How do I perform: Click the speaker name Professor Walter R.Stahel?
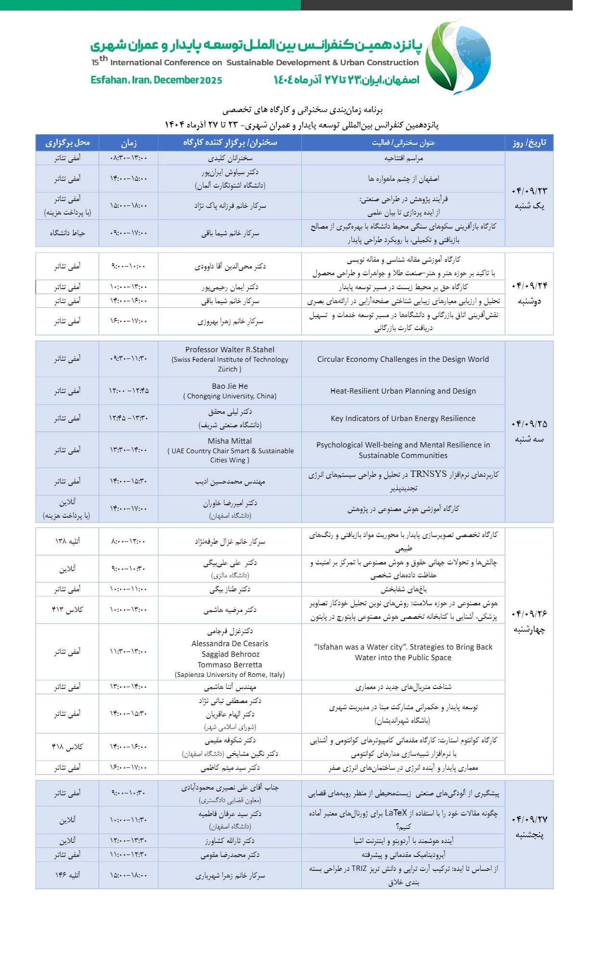click(230, 350)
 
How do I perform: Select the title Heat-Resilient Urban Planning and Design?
click(403, 391)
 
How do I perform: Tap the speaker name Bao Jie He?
click(230, 386)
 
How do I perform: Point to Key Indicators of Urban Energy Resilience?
click(403, 419)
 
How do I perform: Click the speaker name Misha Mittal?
click(230, 441)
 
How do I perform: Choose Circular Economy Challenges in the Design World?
click(403, 359)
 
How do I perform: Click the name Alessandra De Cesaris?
click(230, 644)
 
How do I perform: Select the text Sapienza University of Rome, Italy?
click(230, 675)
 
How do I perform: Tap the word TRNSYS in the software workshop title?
click(428, 474)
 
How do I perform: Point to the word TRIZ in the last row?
click(359, 868)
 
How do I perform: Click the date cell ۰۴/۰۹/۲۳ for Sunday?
click(529, 191)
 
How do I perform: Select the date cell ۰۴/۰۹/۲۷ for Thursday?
click(529, 819)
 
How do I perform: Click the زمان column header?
click(128, 143)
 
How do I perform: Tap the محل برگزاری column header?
click(67, 143)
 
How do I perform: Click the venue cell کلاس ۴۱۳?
click(67, 610)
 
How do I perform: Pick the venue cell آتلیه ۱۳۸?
click(67, 541)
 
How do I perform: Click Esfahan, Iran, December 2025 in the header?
click(156, 80)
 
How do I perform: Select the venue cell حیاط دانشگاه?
click(67, 233)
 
